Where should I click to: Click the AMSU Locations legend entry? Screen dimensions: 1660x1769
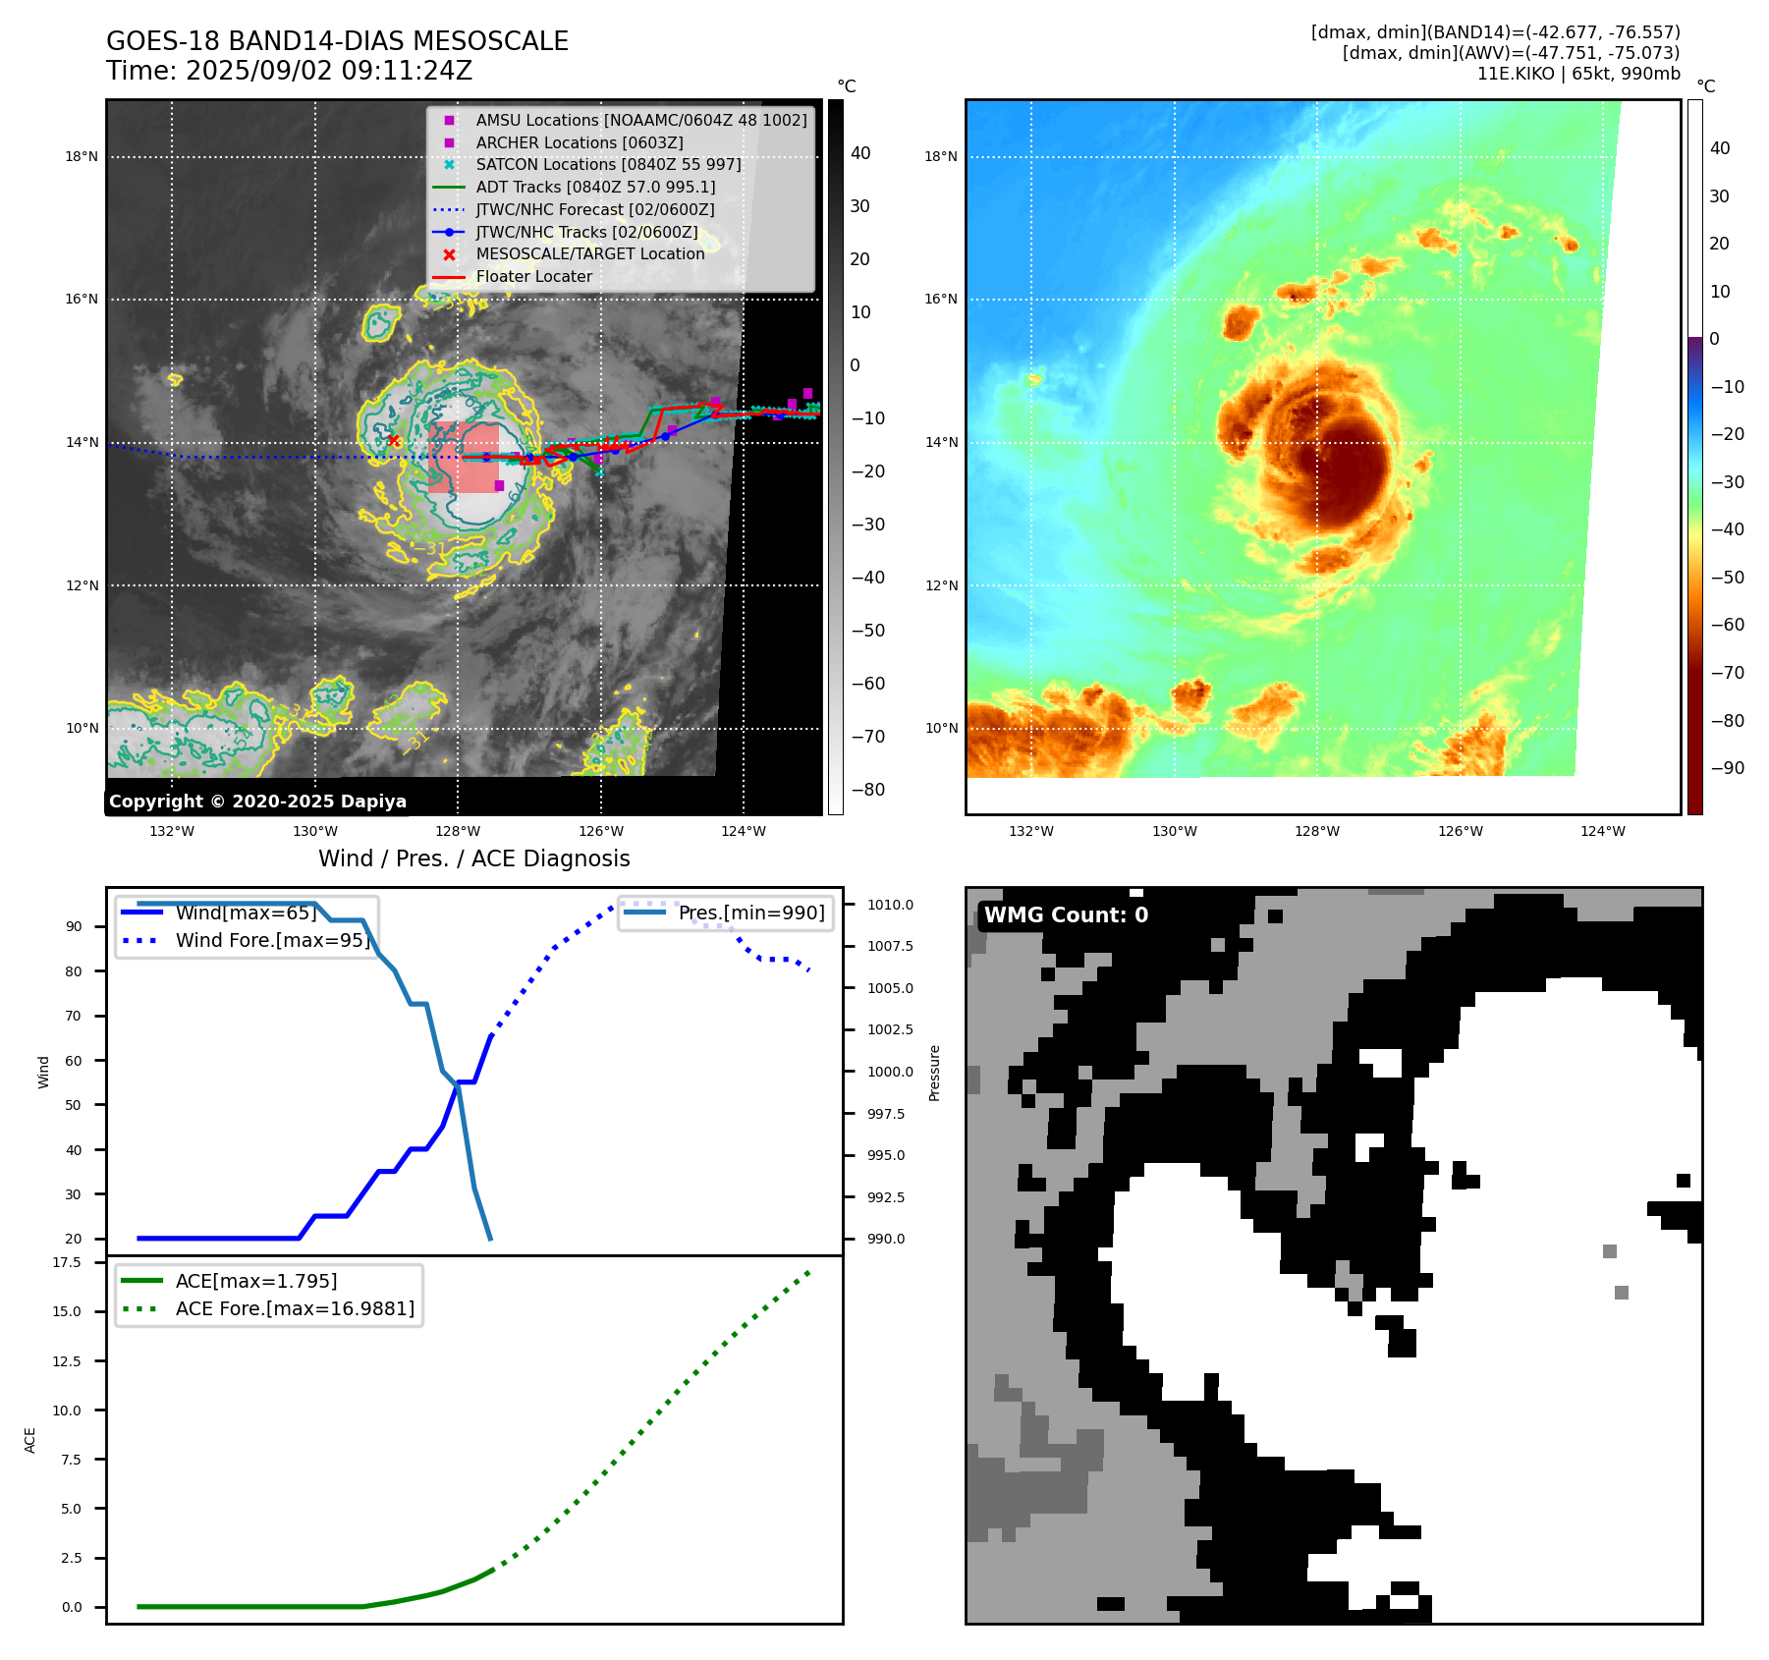640,120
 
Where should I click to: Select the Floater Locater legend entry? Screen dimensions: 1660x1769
533,277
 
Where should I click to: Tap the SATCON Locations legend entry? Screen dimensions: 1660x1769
608,164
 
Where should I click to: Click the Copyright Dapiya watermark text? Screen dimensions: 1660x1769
257,802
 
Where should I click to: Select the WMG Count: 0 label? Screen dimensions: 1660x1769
1066,915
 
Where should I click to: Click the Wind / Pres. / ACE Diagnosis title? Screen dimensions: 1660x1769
473,858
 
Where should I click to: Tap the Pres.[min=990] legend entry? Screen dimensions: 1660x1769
751,913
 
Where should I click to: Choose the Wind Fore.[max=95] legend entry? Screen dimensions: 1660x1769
272,940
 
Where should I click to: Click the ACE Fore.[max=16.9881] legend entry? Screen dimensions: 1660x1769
295,1308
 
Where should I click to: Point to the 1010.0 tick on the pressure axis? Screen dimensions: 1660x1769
890,905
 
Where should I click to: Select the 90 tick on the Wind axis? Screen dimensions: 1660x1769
74,926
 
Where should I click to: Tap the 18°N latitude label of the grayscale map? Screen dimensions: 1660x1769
82,156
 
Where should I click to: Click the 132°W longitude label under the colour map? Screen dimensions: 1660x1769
1030,831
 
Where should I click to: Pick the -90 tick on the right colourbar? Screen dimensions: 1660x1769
1727,768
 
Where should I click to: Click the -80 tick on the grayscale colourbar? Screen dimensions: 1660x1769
867,790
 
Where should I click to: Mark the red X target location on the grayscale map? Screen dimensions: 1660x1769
394,441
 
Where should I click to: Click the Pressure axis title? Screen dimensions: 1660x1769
935,1073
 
